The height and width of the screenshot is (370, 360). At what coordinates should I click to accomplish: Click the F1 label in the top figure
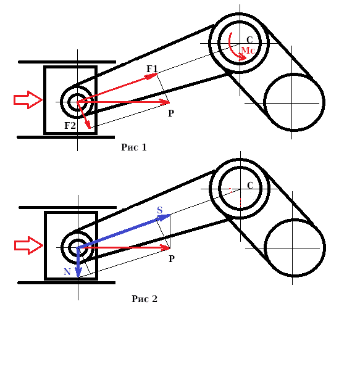point(152,68)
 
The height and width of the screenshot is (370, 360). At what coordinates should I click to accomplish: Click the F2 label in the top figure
point(70,125)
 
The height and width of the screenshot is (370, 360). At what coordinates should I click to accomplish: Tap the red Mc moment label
point(248,51)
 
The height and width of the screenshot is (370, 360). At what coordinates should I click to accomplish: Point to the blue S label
point(160,210)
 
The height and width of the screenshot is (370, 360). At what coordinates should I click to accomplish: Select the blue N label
point(67,272)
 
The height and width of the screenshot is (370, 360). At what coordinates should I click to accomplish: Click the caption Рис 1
point(134,147)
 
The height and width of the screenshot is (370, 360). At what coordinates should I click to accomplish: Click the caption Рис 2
point(144,298)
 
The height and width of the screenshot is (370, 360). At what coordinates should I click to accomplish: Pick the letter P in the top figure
point(171,113)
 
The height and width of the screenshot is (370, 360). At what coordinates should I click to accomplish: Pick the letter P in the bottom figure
point(172,258)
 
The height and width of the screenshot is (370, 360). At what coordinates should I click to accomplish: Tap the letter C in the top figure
point(249,40)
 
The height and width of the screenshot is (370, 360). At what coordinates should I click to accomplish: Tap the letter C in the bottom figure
point(250,186)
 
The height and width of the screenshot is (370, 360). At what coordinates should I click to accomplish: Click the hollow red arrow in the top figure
point(28,100)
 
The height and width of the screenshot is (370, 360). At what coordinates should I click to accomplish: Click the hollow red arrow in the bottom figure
point(28,245)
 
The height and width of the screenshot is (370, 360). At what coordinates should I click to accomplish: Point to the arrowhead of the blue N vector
point(78,273)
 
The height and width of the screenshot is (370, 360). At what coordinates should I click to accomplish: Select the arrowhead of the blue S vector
point(164,217)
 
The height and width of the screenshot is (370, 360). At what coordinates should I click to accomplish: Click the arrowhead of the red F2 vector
point(88,125)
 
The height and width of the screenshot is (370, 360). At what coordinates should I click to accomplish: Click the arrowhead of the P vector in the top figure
point(165,102)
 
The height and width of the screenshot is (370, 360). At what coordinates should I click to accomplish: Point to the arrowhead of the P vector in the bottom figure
point(165,248)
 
